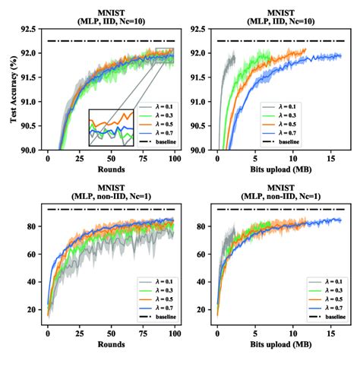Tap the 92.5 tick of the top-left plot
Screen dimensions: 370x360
point(30,30)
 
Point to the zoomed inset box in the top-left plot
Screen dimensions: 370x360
point(111,127)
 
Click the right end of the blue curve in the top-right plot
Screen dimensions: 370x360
point(340,55)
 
